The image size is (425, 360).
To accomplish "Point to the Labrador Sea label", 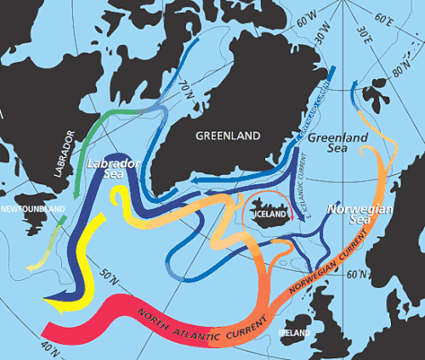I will pyautogui.click(x=110, y=167).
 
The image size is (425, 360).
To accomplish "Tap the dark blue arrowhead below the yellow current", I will pyautogui.click(x=53, y=298).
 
